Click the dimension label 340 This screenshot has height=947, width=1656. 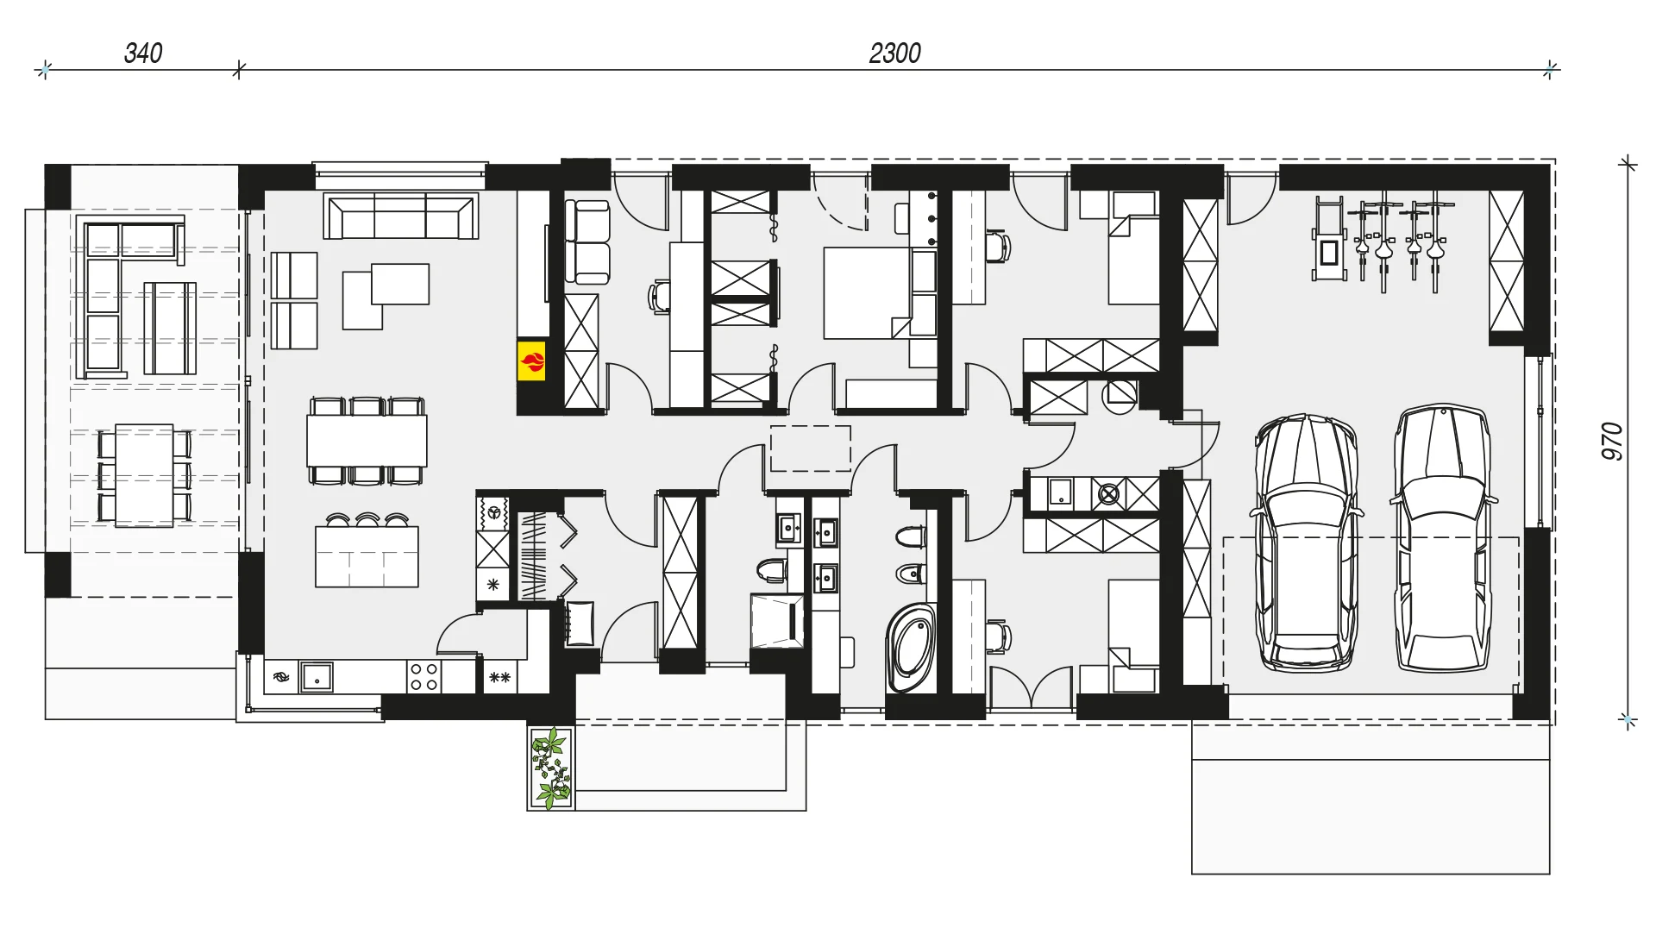click(143, 53)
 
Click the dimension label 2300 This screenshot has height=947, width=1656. click(894, 53)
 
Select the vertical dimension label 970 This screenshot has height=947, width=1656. click(1612, 441)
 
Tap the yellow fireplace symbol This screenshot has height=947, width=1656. click(531, 361)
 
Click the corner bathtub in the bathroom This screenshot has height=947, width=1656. click(911, 648)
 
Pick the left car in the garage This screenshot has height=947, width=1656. click(1307, 542)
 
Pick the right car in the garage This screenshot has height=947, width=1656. click(1443, 537)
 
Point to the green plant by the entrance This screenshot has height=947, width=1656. click(550, 768)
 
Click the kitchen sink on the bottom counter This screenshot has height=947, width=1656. click(317, 677)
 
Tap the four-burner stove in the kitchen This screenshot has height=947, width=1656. click(423, 676)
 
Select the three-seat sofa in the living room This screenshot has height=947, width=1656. click(401, 216)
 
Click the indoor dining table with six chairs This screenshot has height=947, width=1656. click(367, 441)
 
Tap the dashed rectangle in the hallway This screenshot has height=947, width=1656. click(810, 448)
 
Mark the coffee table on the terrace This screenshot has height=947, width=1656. click(170, 328)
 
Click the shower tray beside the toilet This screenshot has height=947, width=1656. click(776, 620)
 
